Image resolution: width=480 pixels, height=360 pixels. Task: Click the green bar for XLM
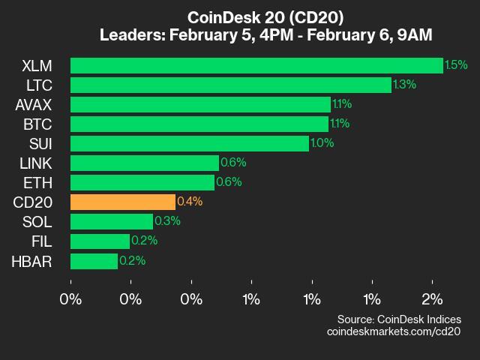256,65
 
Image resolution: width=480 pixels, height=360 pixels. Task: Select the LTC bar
231,85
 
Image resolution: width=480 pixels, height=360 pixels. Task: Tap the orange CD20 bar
123,202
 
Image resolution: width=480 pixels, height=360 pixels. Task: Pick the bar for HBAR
94,261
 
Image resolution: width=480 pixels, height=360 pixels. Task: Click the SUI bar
190,143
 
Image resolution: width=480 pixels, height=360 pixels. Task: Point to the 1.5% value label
456,65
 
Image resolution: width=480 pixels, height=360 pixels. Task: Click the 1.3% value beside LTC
404,85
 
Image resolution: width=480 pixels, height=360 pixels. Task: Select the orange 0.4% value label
190,202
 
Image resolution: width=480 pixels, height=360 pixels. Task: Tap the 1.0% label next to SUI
322,143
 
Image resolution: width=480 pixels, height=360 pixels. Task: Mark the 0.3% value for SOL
167,221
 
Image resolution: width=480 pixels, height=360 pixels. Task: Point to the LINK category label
36,163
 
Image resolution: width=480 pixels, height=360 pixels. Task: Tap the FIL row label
41,241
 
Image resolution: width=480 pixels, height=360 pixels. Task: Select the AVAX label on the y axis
33,104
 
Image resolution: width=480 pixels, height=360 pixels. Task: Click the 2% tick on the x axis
432,299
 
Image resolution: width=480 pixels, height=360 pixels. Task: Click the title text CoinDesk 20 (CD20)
265,17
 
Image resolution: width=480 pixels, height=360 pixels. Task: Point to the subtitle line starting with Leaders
265,35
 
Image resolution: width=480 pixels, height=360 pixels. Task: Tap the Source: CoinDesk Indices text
399,319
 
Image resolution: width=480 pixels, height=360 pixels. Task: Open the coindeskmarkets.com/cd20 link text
394,331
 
